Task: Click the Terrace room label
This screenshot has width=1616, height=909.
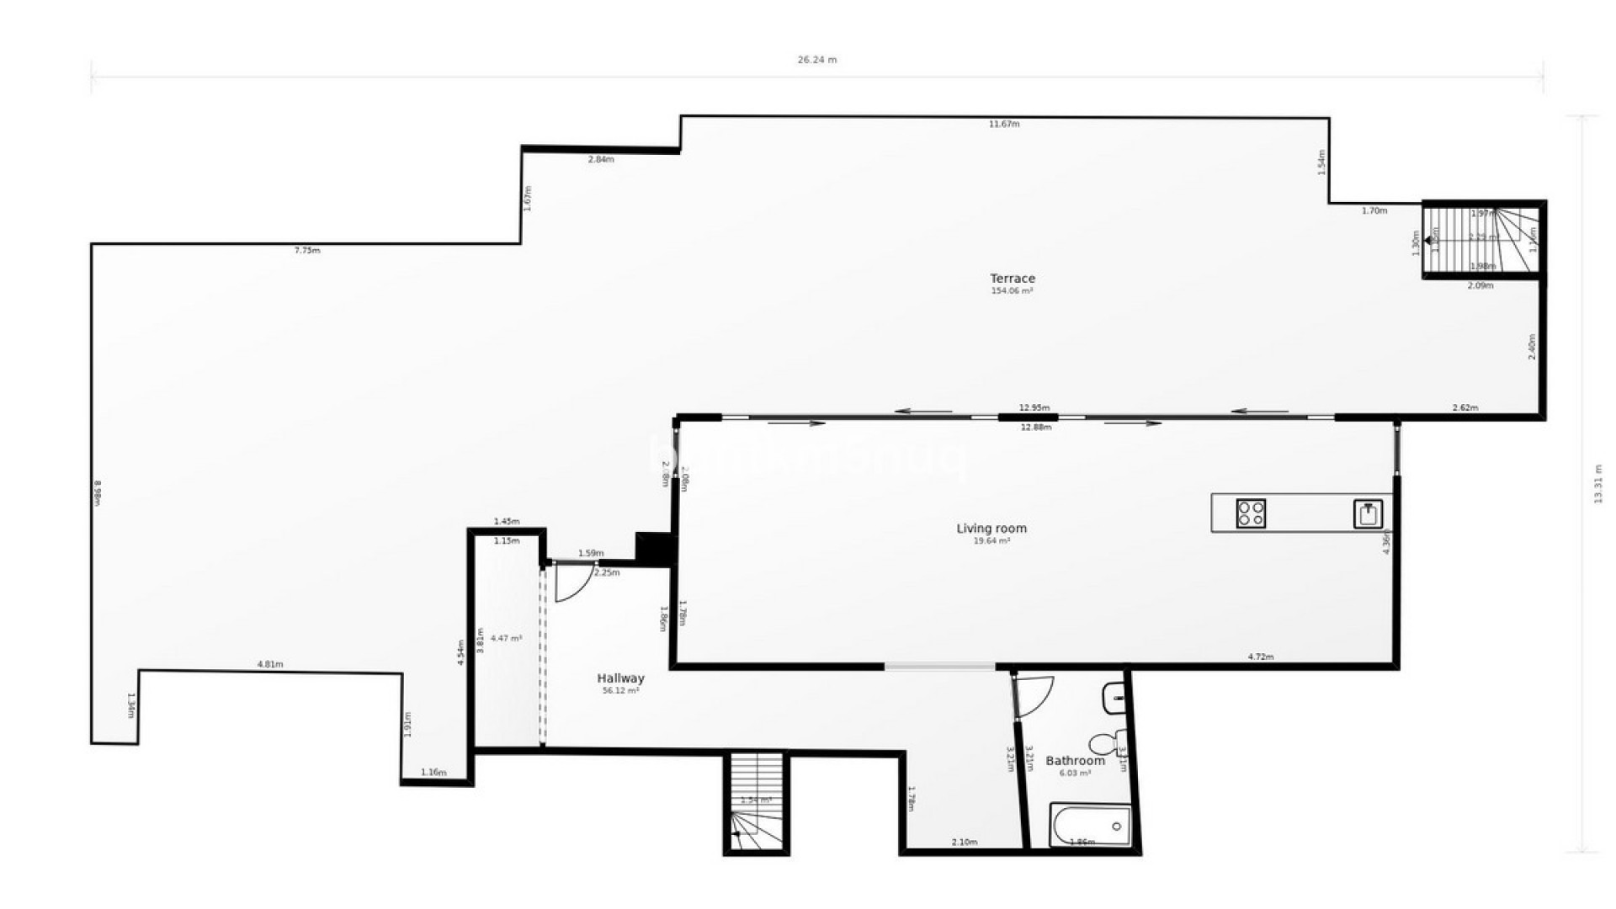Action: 1012,279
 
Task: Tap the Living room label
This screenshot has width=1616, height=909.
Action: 991,529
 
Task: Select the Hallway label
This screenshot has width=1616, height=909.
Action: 620,678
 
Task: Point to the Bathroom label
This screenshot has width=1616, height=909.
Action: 1075,761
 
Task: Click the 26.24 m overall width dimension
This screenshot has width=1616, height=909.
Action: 816,60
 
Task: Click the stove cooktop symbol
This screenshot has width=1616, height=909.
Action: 1251,513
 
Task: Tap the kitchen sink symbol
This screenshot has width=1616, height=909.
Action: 1368,513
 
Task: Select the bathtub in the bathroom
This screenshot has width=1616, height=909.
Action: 1090,825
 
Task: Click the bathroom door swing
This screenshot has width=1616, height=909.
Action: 1034,697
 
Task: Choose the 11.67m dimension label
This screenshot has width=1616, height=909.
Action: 1003,125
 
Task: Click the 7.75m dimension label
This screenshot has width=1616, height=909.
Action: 306,251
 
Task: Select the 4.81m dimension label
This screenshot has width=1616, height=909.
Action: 269,665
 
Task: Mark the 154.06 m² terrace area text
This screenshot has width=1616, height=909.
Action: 1012,291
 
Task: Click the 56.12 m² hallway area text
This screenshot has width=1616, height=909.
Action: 620,691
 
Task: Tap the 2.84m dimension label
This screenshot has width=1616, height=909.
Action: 600,160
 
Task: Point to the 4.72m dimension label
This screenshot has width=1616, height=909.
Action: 1260,657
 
